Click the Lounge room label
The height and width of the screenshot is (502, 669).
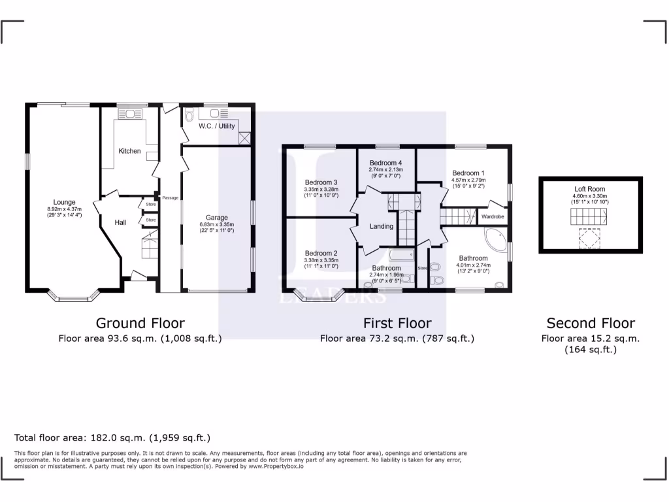pos(65,202)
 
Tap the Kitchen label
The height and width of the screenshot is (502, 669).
pos(129,151)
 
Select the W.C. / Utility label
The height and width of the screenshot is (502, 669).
pos(217,126)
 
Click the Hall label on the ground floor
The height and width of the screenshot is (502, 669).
pos(120,223)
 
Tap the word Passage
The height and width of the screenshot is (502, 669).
pos(171,197)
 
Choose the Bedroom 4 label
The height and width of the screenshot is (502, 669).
pos(385,163)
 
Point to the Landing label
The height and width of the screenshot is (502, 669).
pos(382,227)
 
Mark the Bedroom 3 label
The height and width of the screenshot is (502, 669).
pos(321,182)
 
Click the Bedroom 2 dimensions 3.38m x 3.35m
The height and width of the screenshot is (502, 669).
pos(321,260)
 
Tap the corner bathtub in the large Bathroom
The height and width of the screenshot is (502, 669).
pos(495,239)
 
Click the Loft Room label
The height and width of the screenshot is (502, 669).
pos(590,189)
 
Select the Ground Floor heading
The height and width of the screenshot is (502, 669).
pos(140,323)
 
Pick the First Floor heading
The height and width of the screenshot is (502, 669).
pos(397,323)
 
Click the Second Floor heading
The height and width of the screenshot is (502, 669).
pos(591,323)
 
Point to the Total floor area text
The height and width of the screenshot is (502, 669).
pos(112,438)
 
